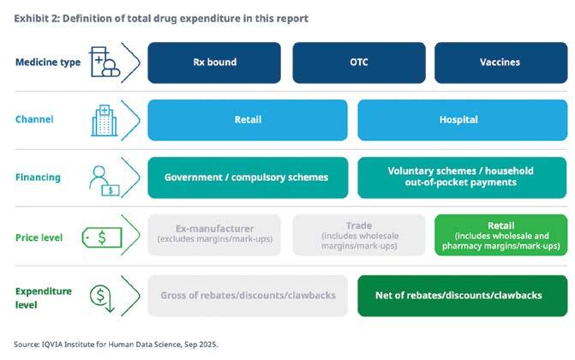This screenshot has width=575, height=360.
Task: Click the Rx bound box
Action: coord(213,63)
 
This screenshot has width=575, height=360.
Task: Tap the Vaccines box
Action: coord(500,63)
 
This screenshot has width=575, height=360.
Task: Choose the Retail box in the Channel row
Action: coord(248,120)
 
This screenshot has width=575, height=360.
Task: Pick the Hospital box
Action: coord(462,120)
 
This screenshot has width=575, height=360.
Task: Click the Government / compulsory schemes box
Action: coord(248,177)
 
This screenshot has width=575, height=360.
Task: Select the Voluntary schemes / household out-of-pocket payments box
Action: coord(462,177)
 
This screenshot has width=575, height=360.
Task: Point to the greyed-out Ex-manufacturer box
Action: coord(213,235)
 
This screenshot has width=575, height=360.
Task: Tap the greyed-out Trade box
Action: coord(358,235)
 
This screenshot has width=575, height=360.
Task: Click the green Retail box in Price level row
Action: coord(500,235)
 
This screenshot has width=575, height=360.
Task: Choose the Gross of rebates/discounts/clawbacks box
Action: coord(248,296)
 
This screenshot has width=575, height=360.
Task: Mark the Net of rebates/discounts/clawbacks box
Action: coord(462,296)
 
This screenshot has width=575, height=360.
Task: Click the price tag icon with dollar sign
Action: coord(101,237)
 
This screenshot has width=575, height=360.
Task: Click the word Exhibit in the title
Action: coord(31,18)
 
